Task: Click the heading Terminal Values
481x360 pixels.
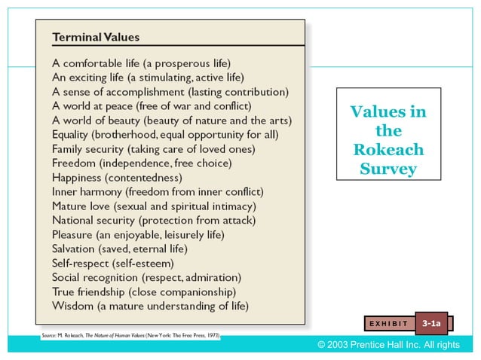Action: coord(95,37)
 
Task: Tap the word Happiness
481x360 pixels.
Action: coord(78,178)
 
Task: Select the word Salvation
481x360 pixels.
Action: coord(74,249)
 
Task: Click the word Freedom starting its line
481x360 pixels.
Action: coord(73,163)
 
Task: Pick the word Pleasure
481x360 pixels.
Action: coord(73,234)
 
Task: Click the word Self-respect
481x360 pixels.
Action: coord(80,263)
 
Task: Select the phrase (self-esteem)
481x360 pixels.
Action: coord(144,263)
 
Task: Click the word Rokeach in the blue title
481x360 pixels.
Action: coord(388,149)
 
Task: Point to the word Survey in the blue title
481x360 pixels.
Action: coord(388,168)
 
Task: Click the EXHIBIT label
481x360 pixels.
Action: coord(389,324)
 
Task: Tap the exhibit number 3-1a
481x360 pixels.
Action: coord(432,323)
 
